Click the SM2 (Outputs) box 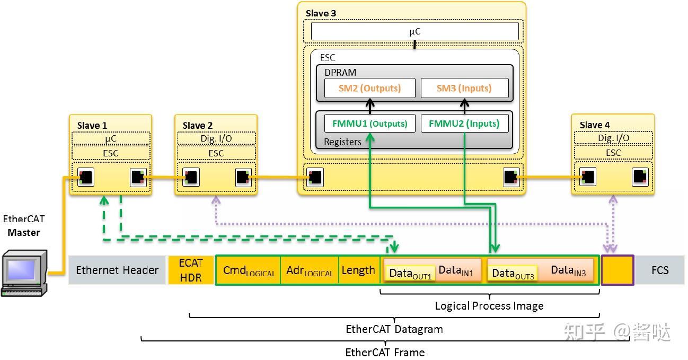[x=369, y=88]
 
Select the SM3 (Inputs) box [x=464, y=88]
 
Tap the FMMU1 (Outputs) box [x=369, y=124]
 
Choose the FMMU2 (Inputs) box [x=464, y=124]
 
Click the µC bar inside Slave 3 [x=414, y=32]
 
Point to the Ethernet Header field [x=117, y=270]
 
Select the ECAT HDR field [x=191, y=270]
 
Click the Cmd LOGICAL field [x=249, y=271]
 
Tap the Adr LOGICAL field [x=310, y=271]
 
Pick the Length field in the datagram [x=358, y=270]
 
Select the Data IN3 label [x=568, y=270]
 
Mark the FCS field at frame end [x=659, y=270]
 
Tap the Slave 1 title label [x=92, y=125]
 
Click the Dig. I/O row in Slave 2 [x=216, y=138]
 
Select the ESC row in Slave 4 [x=613, y=153]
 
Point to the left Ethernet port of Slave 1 [x=86, y=177]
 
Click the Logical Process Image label [x=489, y=306]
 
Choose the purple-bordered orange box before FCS [x=618, y=270]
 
